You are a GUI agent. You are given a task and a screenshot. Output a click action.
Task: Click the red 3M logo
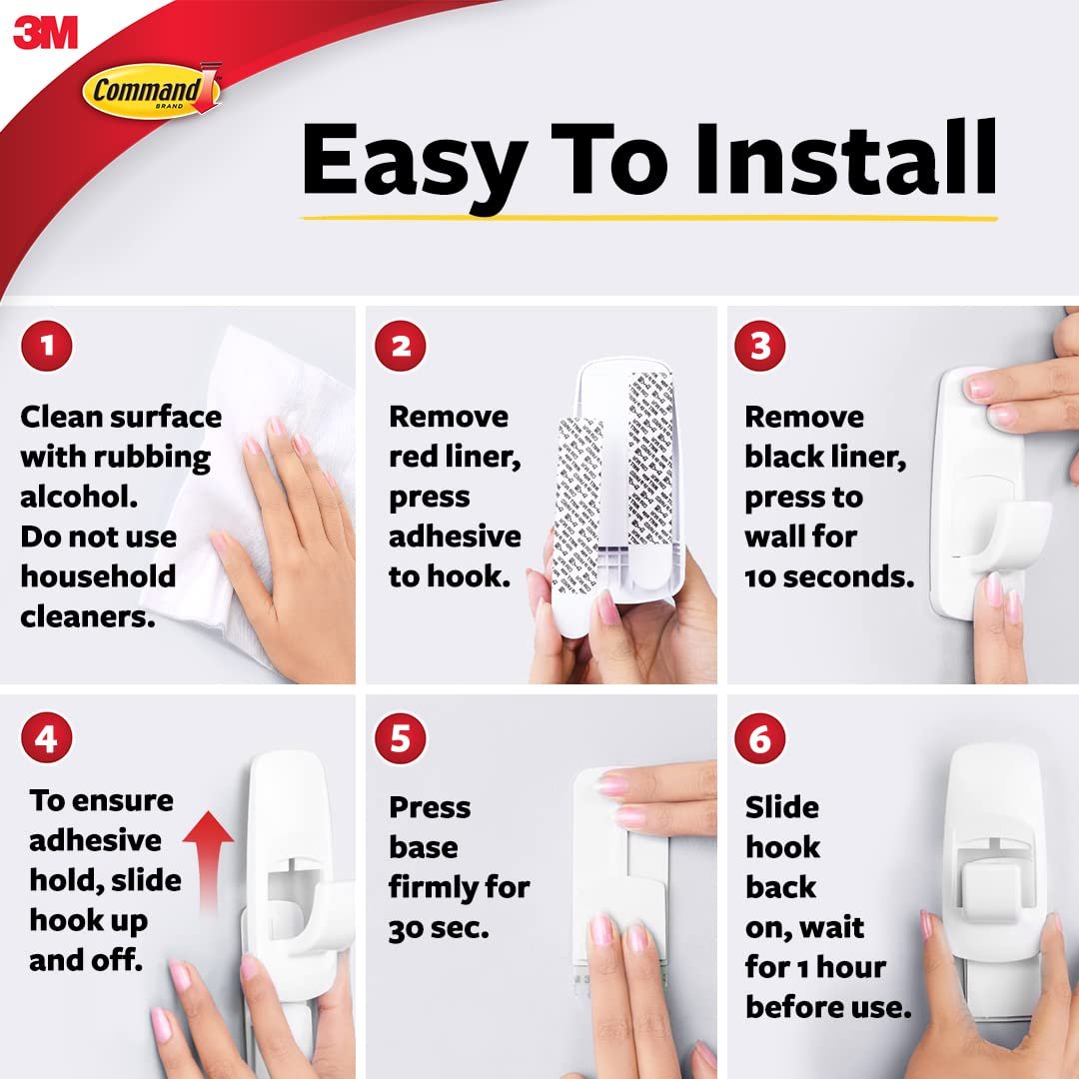[45, 33]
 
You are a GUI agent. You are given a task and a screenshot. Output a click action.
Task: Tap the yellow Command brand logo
[150, 92]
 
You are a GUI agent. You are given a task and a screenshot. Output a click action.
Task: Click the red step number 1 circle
[46, 347]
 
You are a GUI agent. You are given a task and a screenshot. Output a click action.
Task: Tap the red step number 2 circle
[401, 347]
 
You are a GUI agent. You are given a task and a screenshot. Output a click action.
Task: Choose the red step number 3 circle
[760, 347]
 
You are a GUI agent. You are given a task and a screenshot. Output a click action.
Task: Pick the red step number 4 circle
[46, 739]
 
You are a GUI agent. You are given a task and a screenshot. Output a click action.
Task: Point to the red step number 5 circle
[401, 739]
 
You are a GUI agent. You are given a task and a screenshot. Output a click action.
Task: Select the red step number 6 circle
[760, 739]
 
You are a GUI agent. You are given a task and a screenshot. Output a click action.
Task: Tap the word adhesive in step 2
[455, 537]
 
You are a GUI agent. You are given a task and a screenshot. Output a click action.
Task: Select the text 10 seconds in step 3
[829, 576]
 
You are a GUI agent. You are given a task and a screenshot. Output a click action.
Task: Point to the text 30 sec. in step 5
[439, 927]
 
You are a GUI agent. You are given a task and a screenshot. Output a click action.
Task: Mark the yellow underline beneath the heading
[649, 216]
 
